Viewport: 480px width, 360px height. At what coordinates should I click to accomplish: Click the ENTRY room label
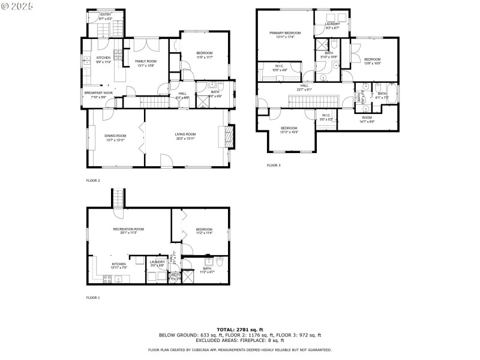(106, 14)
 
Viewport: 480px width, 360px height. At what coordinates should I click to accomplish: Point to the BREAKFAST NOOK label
(98, 92)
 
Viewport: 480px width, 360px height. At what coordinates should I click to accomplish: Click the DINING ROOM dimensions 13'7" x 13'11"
(116, 139)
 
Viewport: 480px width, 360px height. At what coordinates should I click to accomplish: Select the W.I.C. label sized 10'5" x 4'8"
(280, 67)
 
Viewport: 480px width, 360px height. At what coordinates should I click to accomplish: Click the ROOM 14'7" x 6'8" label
(367, 118)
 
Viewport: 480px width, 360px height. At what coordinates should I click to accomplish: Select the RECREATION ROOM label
(128, 229)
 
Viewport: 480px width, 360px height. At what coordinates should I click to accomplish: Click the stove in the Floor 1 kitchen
(109, 279)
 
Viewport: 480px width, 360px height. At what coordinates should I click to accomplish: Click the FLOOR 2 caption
(93, 180)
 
